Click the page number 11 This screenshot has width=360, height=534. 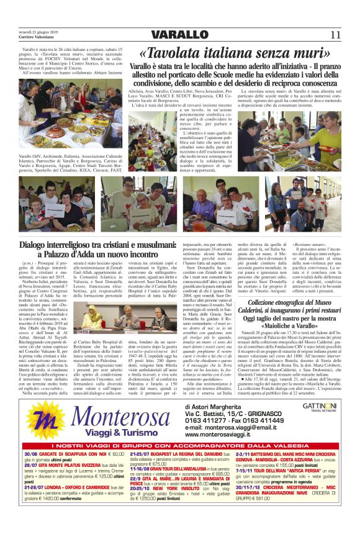point(336,34)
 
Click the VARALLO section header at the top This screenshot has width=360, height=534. point(179,34)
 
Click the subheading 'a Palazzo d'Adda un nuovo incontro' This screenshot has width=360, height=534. point(88,255)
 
